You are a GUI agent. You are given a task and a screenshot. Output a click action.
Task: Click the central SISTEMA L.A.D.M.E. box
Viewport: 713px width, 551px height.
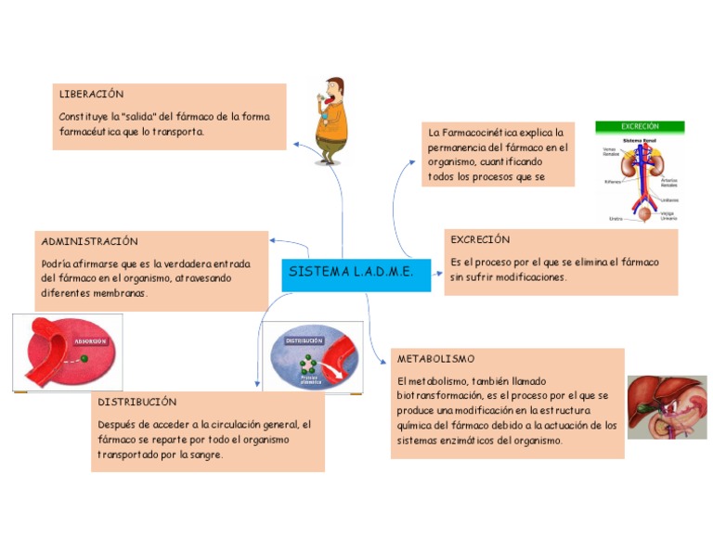point(356,274)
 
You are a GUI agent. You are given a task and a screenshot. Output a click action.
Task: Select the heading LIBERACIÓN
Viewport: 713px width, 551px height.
point(91,95)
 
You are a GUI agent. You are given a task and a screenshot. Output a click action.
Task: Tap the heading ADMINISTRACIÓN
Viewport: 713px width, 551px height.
point(89,241)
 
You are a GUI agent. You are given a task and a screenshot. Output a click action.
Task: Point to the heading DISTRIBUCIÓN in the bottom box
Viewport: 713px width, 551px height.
point(136,403)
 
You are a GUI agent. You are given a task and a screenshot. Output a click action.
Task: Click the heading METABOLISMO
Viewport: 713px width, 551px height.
point(435,358)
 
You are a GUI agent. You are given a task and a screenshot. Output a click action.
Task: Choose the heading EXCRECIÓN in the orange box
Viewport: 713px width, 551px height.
point(480,239)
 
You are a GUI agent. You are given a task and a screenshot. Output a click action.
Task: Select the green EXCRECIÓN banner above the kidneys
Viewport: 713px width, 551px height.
point(640,127)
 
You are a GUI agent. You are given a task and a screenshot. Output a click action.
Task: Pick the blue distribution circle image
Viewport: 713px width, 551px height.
point(312,356)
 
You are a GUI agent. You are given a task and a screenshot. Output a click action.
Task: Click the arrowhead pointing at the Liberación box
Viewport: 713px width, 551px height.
point(295,145)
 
